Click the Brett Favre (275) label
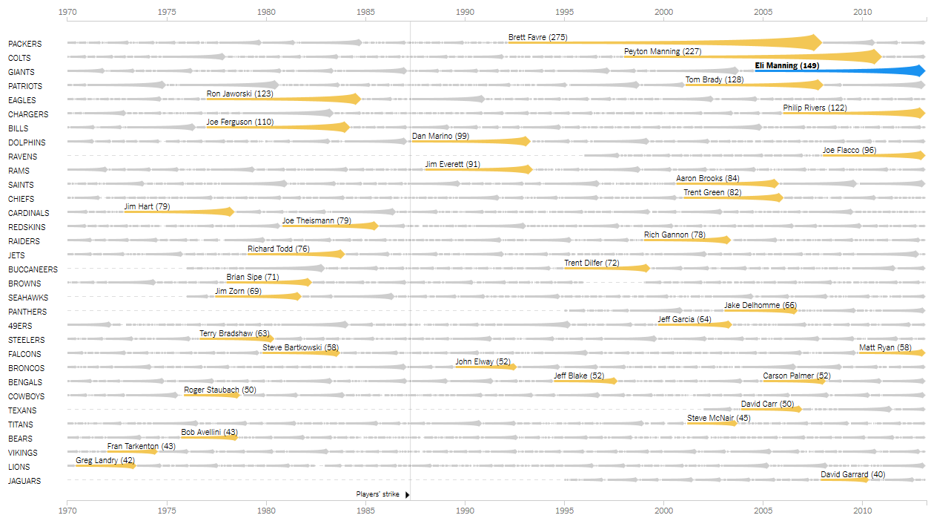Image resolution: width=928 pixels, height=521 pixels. pos(537,37)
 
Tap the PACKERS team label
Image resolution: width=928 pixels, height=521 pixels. pos(24,44)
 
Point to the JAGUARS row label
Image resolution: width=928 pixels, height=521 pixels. pos(24,481)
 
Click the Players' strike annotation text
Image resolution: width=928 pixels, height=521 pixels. pos(377,494)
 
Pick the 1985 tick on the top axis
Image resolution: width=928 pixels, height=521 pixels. pos(366,12)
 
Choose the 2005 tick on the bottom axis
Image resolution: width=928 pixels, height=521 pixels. pos(763,510)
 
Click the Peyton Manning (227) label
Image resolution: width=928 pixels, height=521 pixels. pos(662,51)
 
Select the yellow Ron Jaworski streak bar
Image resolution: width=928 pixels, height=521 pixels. pos(296,99)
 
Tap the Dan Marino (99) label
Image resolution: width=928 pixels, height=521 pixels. pos(440,136)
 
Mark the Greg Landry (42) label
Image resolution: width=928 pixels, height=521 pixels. pos(105,461)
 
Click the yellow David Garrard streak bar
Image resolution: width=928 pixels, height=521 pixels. pos(845,480)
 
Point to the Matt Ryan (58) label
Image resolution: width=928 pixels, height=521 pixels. pos(885,347)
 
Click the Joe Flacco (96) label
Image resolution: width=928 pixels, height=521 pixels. pos(849,150)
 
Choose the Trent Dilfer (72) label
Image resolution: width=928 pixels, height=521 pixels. pos(591,263)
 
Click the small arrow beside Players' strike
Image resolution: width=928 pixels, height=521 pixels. pos(407,494)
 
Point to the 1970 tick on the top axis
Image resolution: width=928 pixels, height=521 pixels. pos(67,12)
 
